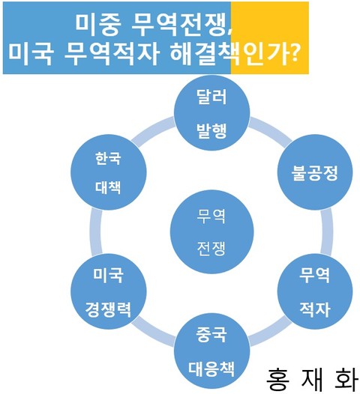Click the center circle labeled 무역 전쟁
click(211, 231)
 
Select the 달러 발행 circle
click(211, 113)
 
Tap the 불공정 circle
click(315, 172)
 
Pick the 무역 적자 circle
click(315, 291)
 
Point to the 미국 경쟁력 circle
click(109, 291)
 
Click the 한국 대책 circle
click(109, 172)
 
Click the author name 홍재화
click(312, 379)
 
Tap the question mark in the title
click(293, 53)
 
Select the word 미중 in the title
click(97, 25)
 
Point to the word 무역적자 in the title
click(112, 53)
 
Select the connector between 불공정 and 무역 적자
click(327, 231)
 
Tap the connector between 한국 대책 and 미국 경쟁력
click(96, 231)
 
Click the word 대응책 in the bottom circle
click(211, 369)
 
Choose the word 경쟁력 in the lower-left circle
click(108, 309)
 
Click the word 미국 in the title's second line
click(31, 53)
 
